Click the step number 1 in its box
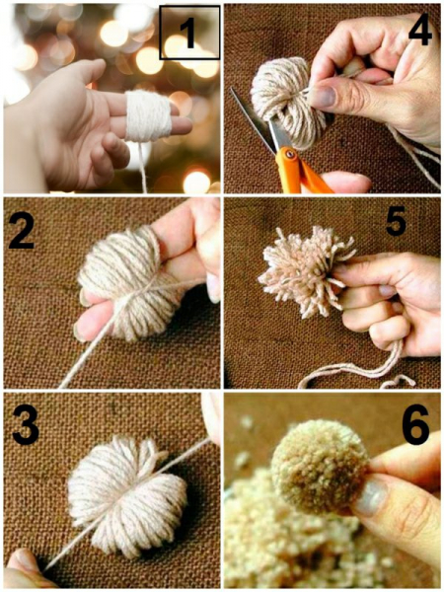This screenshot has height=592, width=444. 188,34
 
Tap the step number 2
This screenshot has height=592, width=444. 23,231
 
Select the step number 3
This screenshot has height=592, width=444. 26,425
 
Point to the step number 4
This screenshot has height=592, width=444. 420,31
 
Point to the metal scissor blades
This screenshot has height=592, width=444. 257,120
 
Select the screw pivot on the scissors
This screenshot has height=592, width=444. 289,153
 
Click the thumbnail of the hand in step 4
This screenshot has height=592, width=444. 324,97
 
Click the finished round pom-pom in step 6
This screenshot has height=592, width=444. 320,467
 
